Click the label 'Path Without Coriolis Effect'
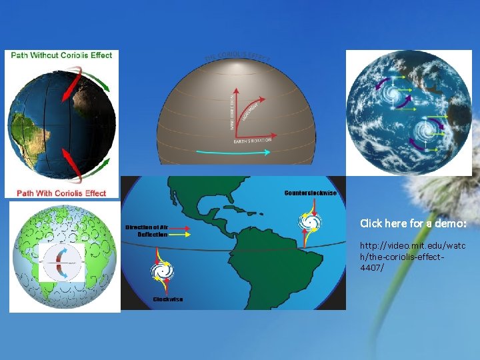point(61,55)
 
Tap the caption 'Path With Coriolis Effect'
point(61,193)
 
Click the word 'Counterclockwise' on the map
point(311,193)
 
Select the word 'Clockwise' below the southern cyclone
point(168,299)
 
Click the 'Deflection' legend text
point(153,235)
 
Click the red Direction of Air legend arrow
point(181,227)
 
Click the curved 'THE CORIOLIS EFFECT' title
point(237,57)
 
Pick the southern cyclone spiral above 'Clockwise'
point(161,271)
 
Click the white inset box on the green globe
point(61,261)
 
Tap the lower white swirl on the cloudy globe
point(421,133)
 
